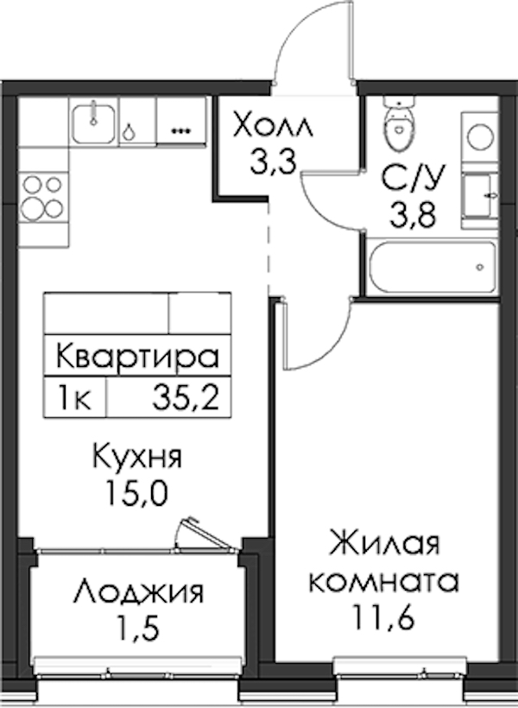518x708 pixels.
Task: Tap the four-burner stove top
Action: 43,198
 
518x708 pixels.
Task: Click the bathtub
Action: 433,268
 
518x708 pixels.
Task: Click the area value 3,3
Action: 272,163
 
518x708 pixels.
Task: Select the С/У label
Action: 413,180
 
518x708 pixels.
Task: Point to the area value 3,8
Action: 413,215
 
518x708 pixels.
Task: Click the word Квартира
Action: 138,356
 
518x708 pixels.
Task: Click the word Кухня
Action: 137,456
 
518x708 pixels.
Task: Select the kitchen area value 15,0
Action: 136,493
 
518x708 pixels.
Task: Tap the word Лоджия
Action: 139,593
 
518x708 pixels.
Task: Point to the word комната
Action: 384,582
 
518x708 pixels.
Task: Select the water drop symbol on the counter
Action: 129,131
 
